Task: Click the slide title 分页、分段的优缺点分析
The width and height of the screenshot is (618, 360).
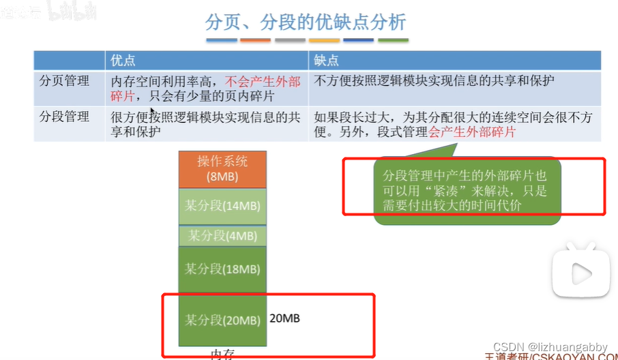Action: [x=306, y=22]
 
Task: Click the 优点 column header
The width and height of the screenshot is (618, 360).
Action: [x=123, y=60]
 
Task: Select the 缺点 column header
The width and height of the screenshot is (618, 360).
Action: [x=326, y=60]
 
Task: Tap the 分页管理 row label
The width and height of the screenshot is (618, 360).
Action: [x=64, y=81]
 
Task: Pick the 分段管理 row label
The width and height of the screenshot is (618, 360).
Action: [x=64, y=117]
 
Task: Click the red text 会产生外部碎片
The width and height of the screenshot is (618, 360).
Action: [x=472, y=132]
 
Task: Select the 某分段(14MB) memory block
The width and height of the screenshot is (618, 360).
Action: [x=222, y=205]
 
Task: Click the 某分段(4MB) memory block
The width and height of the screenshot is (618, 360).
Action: [x=222, y=236]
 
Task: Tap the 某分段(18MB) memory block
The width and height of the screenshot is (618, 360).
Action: [x=222, y=269]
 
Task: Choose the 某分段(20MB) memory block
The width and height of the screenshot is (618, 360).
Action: [x=222, y=320]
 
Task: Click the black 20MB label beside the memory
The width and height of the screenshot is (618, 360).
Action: [x=285, y=318]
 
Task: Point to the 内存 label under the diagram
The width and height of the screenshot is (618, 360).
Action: [x=222, y=354]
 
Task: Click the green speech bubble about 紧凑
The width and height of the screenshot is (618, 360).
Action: [x=467, y=189]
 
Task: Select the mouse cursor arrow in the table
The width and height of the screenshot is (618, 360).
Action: [x=153, y=111]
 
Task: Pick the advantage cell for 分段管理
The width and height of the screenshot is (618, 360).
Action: [x=205, y=123]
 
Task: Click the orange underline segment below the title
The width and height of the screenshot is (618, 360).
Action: [x=256, y=40]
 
